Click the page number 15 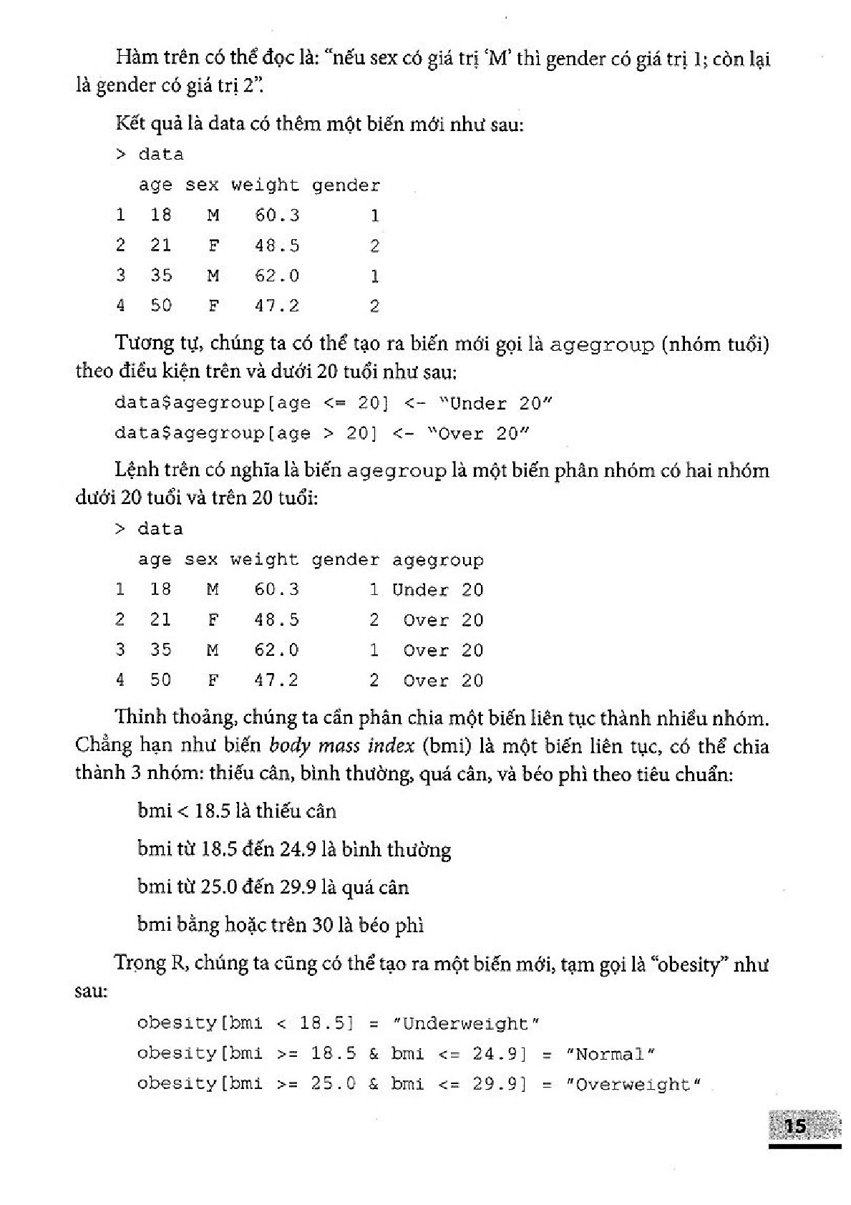[x=795, y=1126]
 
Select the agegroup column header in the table [x=437, y=561]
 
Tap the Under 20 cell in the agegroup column [x=437, y=591]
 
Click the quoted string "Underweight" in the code [x=466, y=1024]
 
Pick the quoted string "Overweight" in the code [x=632, y=1084]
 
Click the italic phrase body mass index [x=341, y=746]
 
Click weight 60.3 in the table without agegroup [x=277, y=216]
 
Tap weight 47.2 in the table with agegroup [x=276, y=680]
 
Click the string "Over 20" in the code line [x=478, y=434]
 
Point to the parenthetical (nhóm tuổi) [x=715, y=344]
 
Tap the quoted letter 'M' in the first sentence [x=497, y=59]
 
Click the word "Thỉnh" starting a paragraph [x=140, y=717]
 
